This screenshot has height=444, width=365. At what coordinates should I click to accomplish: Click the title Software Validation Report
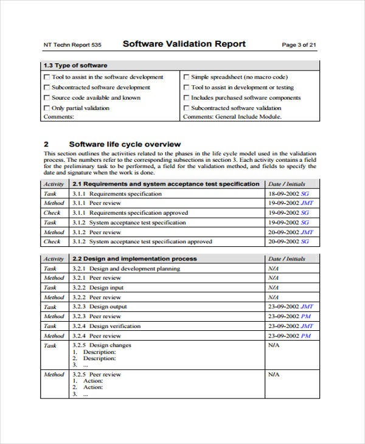(x=184, y=44)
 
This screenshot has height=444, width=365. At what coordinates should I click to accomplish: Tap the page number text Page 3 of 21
(x=299, y=45)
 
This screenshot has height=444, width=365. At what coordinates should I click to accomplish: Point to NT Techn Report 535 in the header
(x=72, y=45)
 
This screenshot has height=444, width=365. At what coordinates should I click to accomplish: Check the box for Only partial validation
(x=47, y=108)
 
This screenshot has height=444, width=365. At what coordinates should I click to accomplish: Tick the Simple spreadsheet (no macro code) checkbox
(x=186, y=77)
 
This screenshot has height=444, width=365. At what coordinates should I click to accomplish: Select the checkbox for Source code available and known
(x=47, y=98)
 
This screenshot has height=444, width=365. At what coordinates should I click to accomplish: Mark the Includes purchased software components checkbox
(x=186, y=98)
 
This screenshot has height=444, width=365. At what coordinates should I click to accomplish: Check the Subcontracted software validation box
(x=186, y=108)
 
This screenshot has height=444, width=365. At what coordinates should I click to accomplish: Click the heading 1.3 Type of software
(x=75, y=66)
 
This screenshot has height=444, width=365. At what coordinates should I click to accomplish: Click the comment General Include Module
(x=248, y=117)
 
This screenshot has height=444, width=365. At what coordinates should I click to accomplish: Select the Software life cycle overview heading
(x=125, y=144)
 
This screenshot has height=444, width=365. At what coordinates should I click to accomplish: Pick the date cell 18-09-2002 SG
(x=289, y=194)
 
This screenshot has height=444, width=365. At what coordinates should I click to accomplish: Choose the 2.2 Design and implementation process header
(x=134, y=258)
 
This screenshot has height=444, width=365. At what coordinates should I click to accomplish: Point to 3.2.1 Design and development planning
(x=126, y=268)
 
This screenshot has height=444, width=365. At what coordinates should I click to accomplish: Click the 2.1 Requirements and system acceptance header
(x=165, y=184)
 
